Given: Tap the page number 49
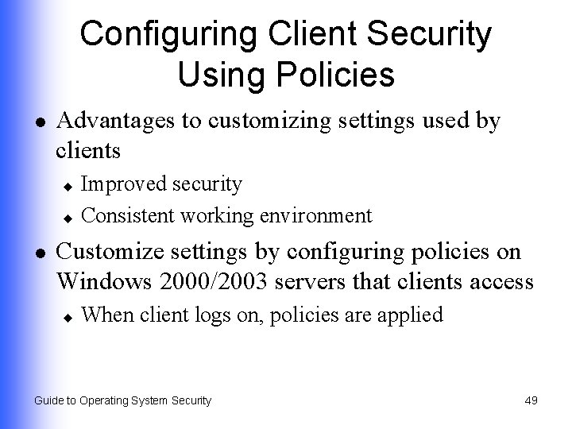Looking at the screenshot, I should click(531, 400).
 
